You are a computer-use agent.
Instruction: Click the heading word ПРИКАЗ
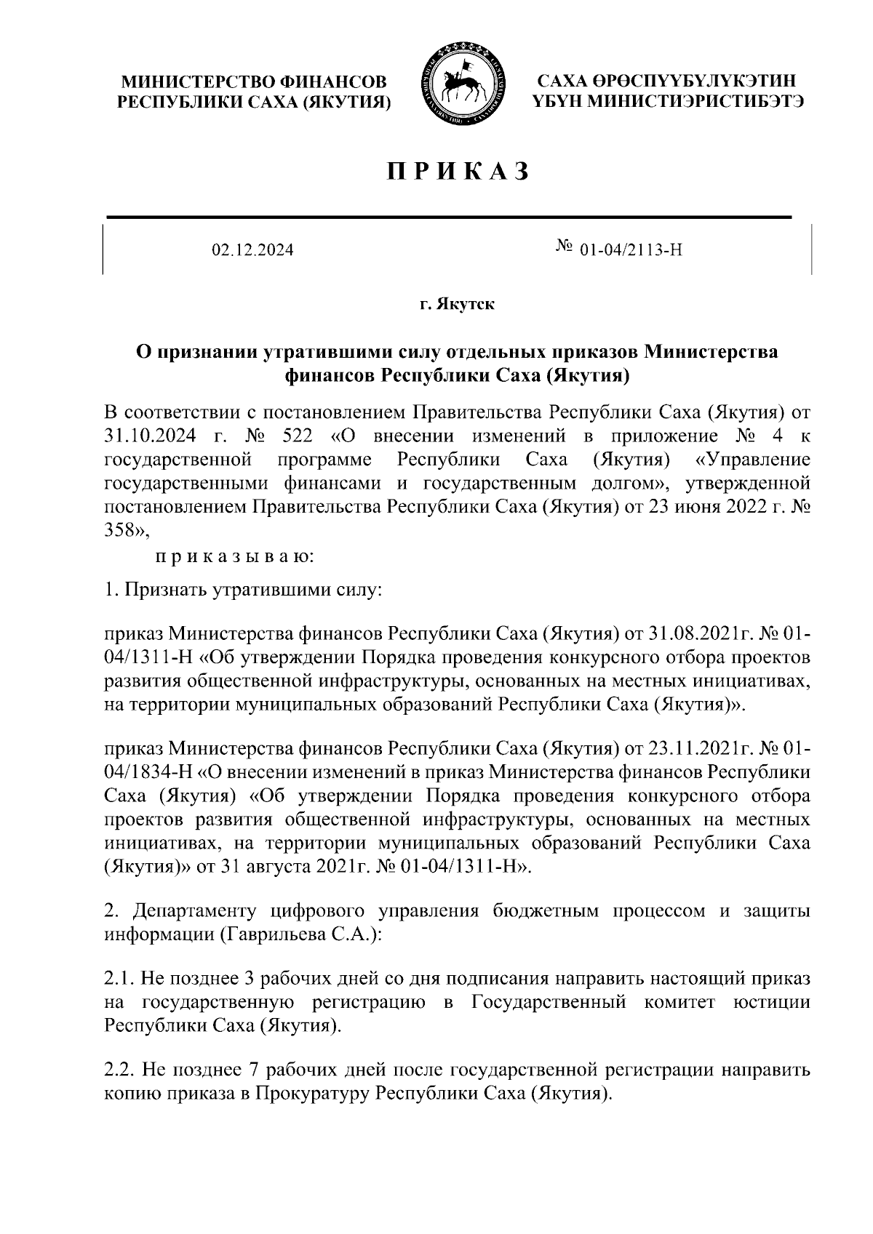coord(456,172)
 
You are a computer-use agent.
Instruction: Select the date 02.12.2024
coord(252,251)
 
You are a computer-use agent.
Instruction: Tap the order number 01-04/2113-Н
coord(631,251)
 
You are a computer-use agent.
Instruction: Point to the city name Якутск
coord(466,304)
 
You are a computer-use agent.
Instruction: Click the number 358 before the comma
coord(121,532)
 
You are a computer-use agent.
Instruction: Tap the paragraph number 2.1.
coord(120,979)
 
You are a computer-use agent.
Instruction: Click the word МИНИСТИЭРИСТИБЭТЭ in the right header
coord(695,102)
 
